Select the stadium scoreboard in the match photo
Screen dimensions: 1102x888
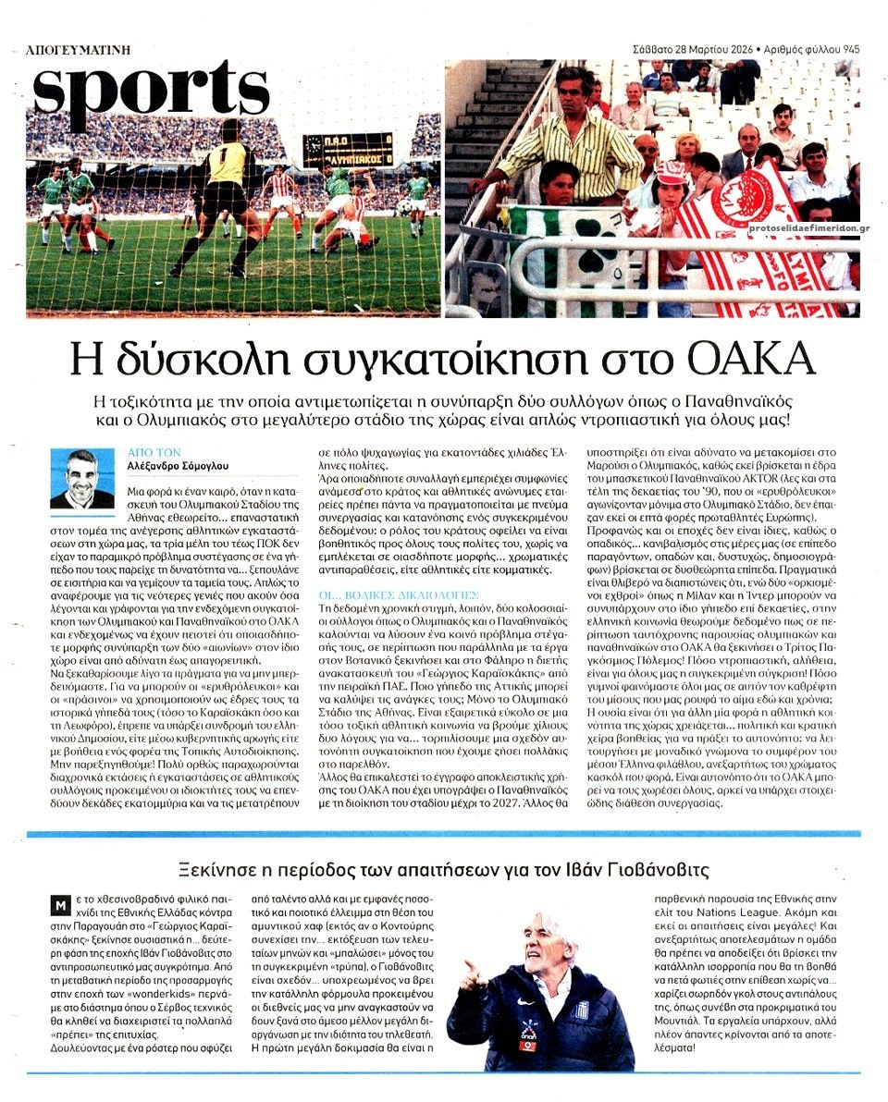349,148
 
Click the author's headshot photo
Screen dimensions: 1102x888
82,479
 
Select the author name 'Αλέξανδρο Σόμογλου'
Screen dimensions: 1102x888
178,466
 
